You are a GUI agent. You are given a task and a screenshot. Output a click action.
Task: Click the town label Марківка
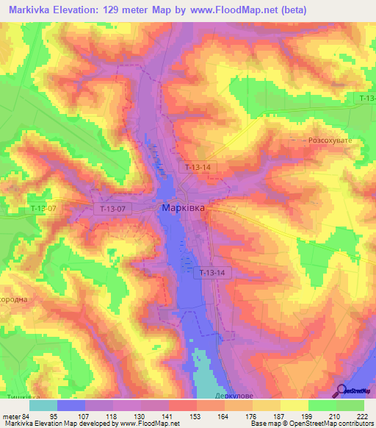coord(183,208)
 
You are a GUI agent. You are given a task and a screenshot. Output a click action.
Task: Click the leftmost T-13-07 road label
coord(44,209)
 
